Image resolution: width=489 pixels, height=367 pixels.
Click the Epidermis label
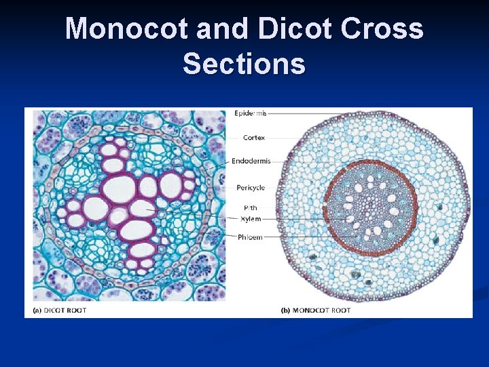251,113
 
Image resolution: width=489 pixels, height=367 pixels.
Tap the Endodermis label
251,161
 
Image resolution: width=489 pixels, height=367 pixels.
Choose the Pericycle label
251,187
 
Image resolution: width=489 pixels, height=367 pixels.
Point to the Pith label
251,207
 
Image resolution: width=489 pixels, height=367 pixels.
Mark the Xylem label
251,219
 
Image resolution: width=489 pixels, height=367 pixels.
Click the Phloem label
251,237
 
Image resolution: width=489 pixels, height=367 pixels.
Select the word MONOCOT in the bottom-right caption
313,311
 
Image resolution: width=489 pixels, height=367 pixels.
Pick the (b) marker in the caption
287,311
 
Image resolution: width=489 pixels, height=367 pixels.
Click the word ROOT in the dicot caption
79,311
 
